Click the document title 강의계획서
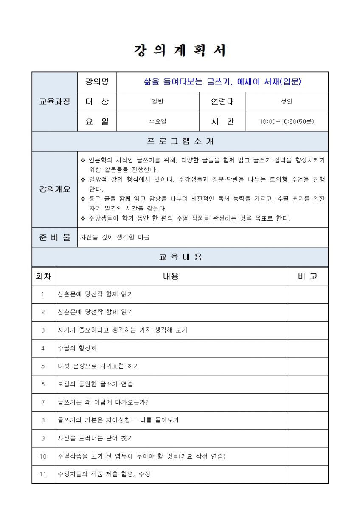tap(180, 50)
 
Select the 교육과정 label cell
tap(54, 102)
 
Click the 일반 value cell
tap(157, 102)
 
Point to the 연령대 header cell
tap(222, 102)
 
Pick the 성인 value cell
tap(287, 102)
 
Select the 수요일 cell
tap(157, 122)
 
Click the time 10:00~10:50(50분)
tap(287, 122)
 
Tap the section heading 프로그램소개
tap(180, 141)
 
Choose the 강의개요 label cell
tap(54, 189)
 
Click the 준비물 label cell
tap(54, 237)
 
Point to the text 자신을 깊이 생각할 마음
tap(115, 237)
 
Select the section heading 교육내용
tap(180, 257)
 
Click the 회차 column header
tap(43, 276)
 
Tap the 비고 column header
tap(307, 276)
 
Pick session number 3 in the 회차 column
tap(43, 330)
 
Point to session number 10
tap(43, 456)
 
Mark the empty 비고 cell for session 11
tap(307, 474)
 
